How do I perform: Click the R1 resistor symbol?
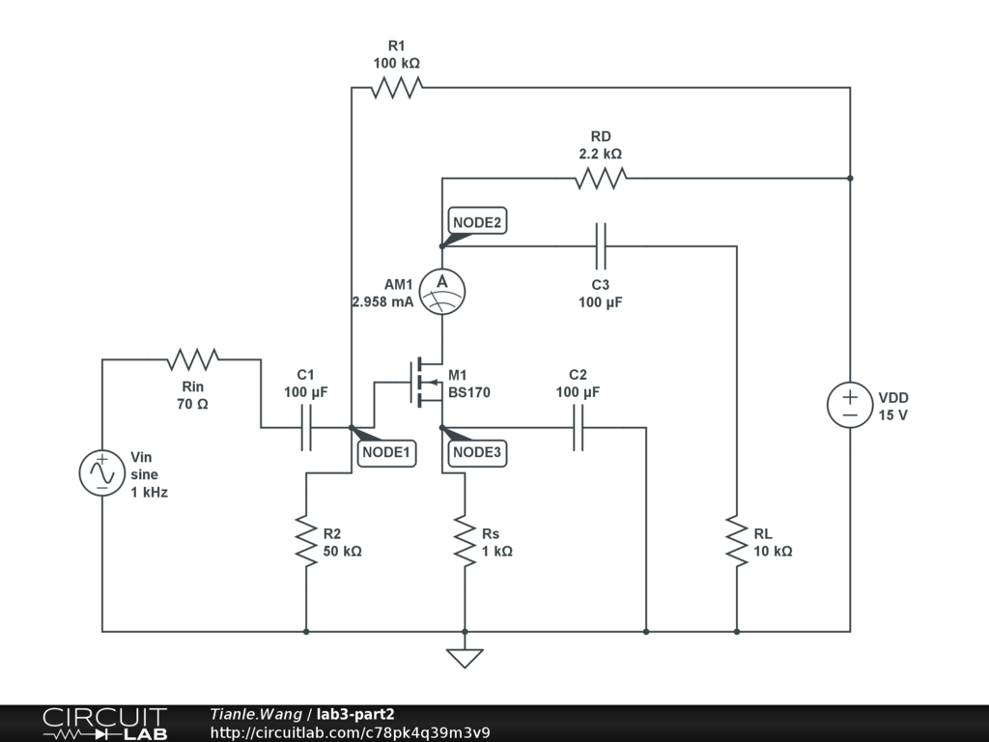coord(397,88)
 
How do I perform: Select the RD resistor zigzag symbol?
coord(600,178)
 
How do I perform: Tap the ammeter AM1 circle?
coord(442,287)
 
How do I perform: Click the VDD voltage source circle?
coord(850,406)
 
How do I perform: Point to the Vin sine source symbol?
coord(101,472)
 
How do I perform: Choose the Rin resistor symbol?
coord(192,360)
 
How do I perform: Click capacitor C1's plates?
coord(306,427)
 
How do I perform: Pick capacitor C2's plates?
coord(579,427)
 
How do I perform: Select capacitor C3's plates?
coord(601,245)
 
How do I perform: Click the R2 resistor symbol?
coord(306,541)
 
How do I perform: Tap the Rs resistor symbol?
coord(465,541)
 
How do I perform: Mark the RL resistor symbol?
coord(737,541)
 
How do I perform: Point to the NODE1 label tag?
coord(386,451)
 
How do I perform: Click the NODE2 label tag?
coord(477,222)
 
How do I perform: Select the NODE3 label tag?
coord(477,451)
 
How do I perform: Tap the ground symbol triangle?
coord(465,658)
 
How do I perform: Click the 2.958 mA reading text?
coord(382,301)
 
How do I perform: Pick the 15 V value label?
coord(893,414)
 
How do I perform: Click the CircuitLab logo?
coord(104,724)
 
